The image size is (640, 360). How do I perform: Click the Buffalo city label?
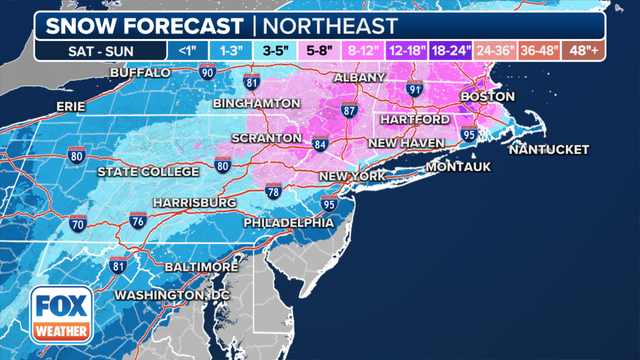point(142,73)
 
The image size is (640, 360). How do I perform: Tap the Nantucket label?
point(548,150)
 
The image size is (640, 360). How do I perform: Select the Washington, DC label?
point(173,296)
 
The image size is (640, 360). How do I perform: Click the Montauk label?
point(458,167)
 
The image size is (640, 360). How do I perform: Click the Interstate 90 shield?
point(207,72)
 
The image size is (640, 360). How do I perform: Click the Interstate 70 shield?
point(76,227)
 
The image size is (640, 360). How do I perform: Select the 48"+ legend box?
point(584,49)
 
